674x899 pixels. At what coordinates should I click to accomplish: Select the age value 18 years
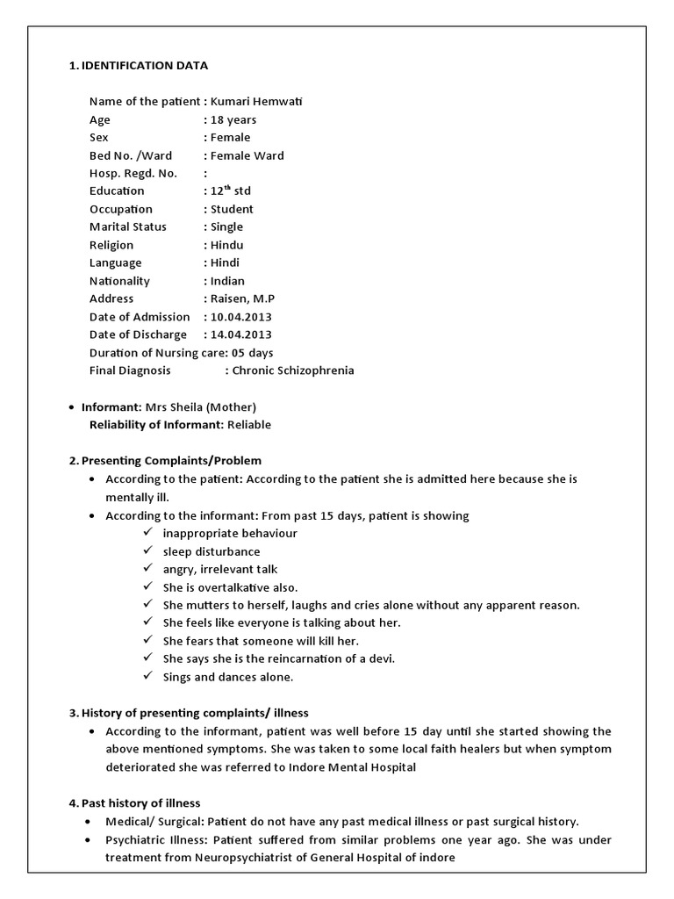tap(233, 119)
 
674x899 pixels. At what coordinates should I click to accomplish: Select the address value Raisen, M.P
tap(243, 298)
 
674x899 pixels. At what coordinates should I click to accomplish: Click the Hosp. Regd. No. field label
tap(133, 173)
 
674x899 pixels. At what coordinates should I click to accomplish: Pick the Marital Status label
tap(127, 227)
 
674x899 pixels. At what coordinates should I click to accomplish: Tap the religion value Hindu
tap(227, 245)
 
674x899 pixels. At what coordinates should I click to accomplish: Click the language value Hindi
tap(226, 263)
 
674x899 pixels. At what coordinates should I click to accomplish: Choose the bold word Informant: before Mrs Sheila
tap(111, 406)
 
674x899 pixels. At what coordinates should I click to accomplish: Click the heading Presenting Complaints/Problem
tap(171, 461)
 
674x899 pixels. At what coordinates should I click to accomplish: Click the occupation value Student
tap(232, 209)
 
